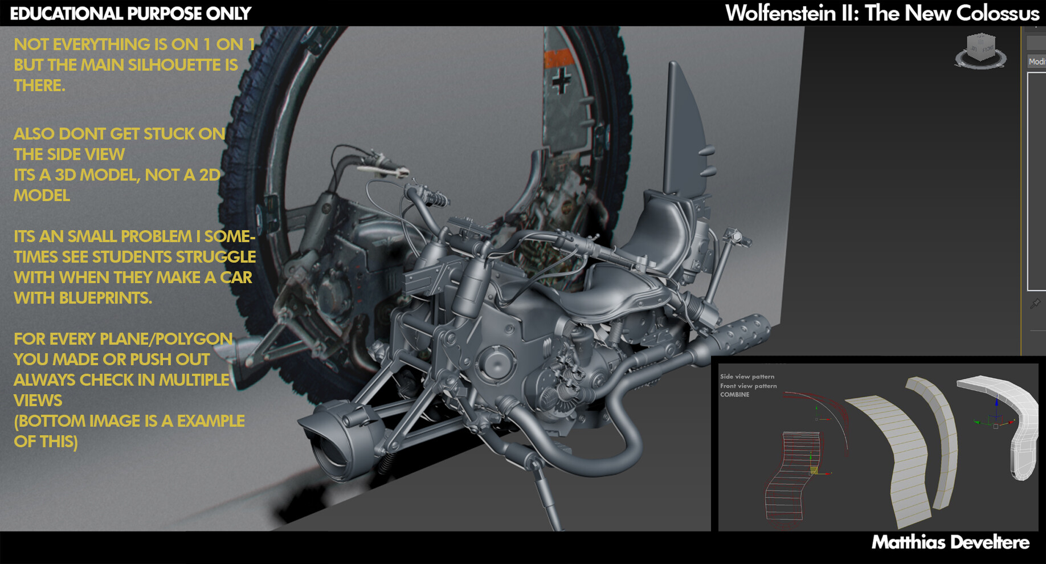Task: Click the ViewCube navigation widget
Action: (x=980, y=51)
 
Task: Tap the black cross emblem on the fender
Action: (x=561, y=81)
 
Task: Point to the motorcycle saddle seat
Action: (x=615, y=291)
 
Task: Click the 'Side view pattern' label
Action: (x=747, y=377)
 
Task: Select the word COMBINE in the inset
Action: (x=734, y=394)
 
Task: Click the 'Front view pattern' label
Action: (x=748, y=386)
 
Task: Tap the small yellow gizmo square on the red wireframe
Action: (x=814, y=470)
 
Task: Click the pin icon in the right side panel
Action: (x=1035, y=304)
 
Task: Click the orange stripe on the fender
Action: (x=558, y=58)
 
